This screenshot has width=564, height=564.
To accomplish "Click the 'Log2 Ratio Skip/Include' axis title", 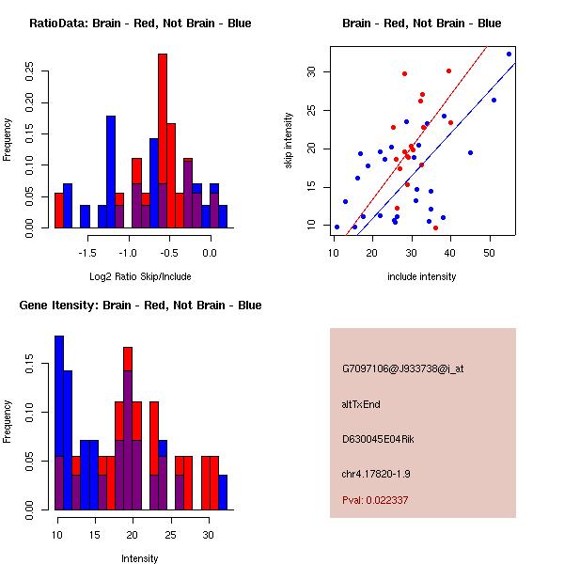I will pos(140,276).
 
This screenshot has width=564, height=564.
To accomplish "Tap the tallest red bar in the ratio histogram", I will pos(162,141).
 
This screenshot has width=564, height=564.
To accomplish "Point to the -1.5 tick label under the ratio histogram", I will pos(87,253).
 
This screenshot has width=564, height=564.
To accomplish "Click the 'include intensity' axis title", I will pos(422,276).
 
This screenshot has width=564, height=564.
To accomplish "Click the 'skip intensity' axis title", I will pos(289,141).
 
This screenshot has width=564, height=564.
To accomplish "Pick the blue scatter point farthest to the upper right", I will pos(509,54).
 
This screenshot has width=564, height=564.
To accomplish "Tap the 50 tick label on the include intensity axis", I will pos(490,252).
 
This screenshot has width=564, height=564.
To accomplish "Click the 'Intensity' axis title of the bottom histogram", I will pos(140,558).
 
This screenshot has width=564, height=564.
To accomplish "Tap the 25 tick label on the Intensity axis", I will pos(170,534).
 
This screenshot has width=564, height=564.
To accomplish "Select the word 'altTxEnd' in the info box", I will pos(361,404).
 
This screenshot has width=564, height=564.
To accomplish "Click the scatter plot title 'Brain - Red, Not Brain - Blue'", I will pos(422,23).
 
